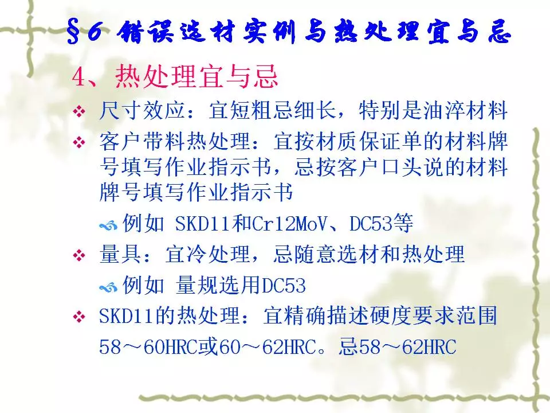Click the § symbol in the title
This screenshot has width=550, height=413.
pos(74,32)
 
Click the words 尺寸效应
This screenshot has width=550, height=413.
pos(142,110)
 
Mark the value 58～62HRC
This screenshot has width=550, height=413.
pos(407,346)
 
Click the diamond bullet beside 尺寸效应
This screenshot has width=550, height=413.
pos(79,112)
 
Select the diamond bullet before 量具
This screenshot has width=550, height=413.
pos(79,255)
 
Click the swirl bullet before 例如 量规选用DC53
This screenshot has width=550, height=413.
pos(108,287)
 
